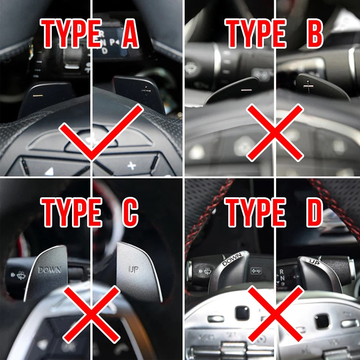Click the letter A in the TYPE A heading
[x=130, y=33]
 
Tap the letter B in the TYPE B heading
[x=315, y=33]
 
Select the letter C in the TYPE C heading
[x=130, y=212]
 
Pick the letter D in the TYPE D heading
[x=315, y=212]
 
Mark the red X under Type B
[x=275, y=132]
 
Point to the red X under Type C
[x=91, y=315]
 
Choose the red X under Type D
[x=275, y=313]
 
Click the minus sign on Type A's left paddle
[x=38, y=95]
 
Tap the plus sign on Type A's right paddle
[x=146, y=91]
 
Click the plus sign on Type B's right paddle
[x=308, y=87]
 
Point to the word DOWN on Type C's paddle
[x=49, y=270]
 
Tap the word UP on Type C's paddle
[x=133, y=269]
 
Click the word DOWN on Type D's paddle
[x=232, y=259]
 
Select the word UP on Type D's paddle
[x=314, y=262]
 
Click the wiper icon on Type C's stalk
[x=21, y=275]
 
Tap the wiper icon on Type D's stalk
[x=207, y=271]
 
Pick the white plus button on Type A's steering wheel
[x=132, y=165]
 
